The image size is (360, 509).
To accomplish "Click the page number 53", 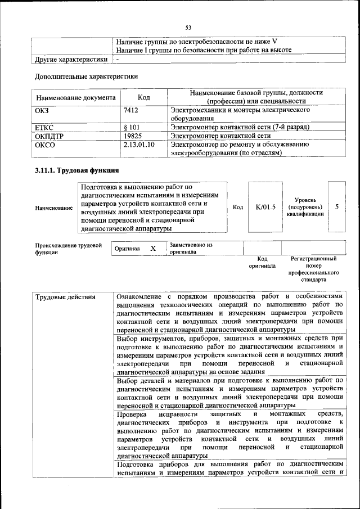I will click(188, 28).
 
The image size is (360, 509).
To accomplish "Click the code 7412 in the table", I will click(130, 110).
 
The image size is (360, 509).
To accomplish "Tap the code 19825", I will click(132, 136).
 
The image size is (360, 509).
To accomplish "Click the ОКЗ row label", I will click(42, 110).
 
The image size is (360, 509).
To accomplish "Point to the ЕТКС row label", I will click(44, 127).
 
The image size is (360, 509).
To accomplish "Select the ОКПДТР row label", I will click(49, 136).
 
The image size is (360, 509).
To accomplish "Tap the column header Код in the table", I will click(143, 97).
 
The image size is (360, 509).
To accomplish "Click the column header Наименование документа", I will click(75, 97).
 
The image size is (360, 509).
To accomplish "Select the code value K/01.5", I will click(265, 207).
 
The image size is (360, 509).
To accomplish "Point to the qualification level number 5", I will click(336, 207).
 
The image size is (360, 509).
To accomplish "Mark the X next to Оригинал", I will click(152, 248).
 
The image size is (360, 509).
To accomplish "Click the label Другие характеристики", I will click(71, 58).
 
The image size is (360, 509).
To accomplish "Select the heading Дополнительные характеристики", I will click(86, 76).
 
